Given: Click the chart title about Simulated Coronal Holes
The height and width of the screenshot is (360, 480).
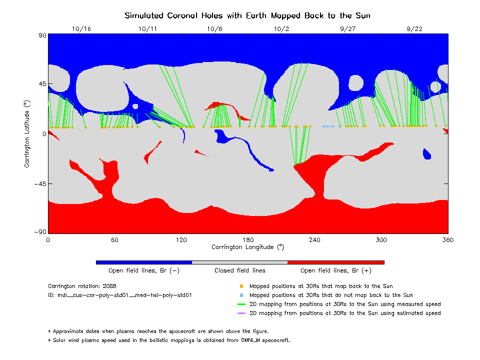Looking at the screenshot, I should tap(247, 15).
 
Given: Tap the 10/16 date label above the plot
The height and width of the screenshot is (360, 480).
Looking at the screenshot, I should tap(81, 29).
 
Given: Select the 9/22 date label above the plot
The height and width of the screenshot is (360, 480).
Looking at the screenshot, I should tap(414, 29).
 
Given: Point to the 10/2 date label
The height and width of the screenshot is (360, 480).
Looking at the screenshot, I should tap(281, 29).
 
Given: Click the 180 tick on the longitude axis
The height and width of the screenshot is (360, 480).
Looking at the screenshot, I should tap(248, 239).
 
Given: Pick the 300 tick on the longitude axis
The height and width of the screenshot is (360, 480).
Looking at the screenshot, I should tap(381, 239).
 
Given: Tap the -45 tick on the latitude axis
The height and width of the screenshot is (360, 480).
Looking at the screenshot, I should tap(38, 183).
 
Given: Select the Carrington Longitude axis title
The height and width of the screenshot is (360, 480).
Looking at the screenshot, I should tap(247, 247).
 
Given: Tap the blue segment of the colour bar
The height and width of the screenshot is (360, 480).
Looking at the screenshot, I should tap(143, 262).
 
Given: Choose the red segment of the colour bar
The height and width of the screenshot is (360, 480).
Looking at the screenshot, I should tap(335, 262).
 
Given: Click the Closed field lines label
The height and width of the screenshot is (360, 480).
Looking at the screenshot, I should tap(240, 270).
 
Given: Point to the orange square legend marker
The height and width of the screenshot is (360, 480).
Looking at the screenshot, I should tap(241, 286).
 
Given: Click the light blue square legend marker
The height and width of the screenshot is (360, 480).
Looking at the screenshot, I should tap(241, 295).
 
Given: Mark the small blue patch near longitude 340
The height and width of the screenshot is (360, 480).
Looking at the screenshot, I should tap(426, 154).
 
